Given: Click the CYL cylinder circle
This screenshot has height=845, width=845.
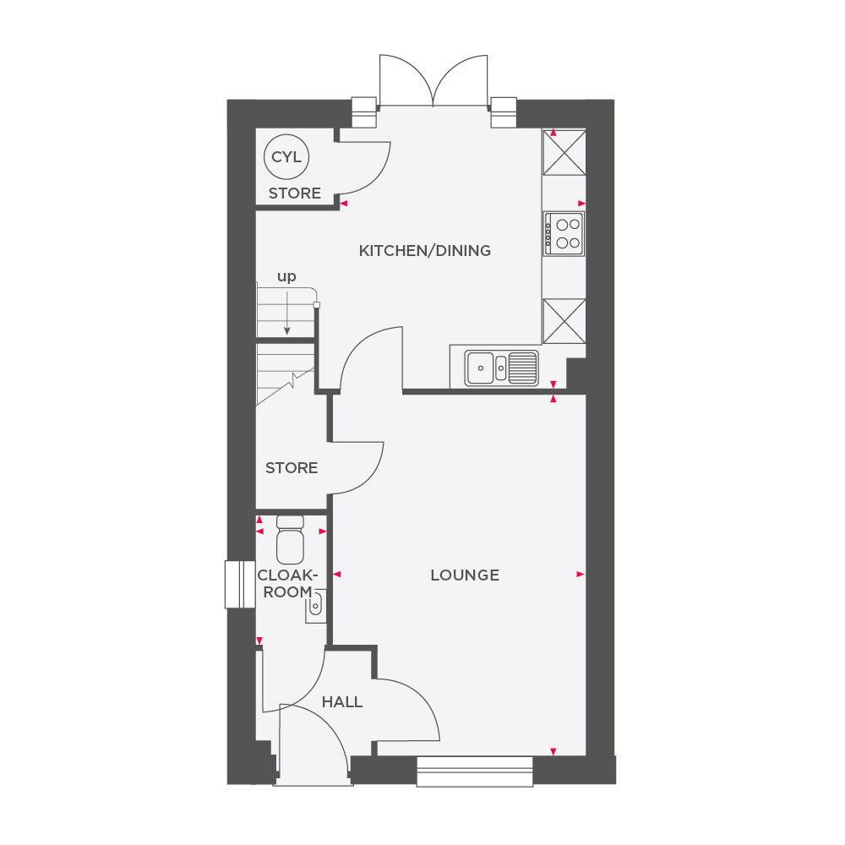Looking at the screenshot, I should (286, 157).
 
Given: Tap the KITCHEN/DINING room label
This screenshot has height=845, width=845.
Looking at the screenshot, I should (424, 251).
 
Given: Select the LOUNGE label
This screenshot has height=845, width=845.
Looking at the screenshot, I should (465, 575).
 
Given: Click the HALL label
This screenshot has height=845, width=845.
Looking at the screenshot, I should (342, 702).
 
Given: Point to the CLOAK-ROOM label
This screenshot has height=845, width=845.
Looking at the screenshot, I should (287, 583).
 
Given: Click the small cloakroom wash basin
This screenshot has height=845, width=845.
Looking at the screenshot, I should (316, 605).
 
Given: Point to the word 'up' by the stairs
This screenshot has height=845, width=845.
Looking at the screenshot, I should (286, 277).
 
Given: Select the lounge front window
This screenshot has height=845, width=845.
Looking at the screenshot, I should (475, 770).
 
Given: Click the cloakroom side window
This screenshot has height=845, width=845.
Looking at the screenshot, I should (240, 584).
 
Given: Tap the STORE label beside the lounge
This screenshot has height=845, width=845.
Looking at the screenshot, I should (292, 468).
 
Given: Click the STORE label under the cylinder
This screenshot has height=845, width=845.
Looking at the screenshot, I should (295, 194).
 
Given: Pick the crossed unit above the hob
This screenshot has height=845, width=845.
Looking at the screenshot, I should (564, 152).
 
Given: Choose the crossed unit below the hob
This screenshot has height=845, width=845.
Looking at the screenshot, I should (564, 321).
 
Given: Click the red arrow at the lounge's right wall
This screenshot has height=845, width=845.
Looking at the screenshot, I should (581, 574).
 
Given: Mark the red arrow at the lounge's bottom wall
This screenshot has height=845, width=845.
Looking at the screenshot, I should (553, 751).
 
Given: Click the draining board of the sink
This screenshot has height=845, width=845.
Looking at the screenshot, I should (523, 368).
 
